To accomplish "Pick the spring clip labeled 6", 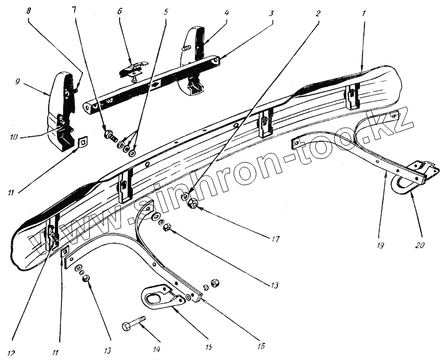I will pyautogui.click(x=132, y=69).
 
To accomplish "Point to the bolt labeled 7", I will pyautogui.click(x=111, y=135).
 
